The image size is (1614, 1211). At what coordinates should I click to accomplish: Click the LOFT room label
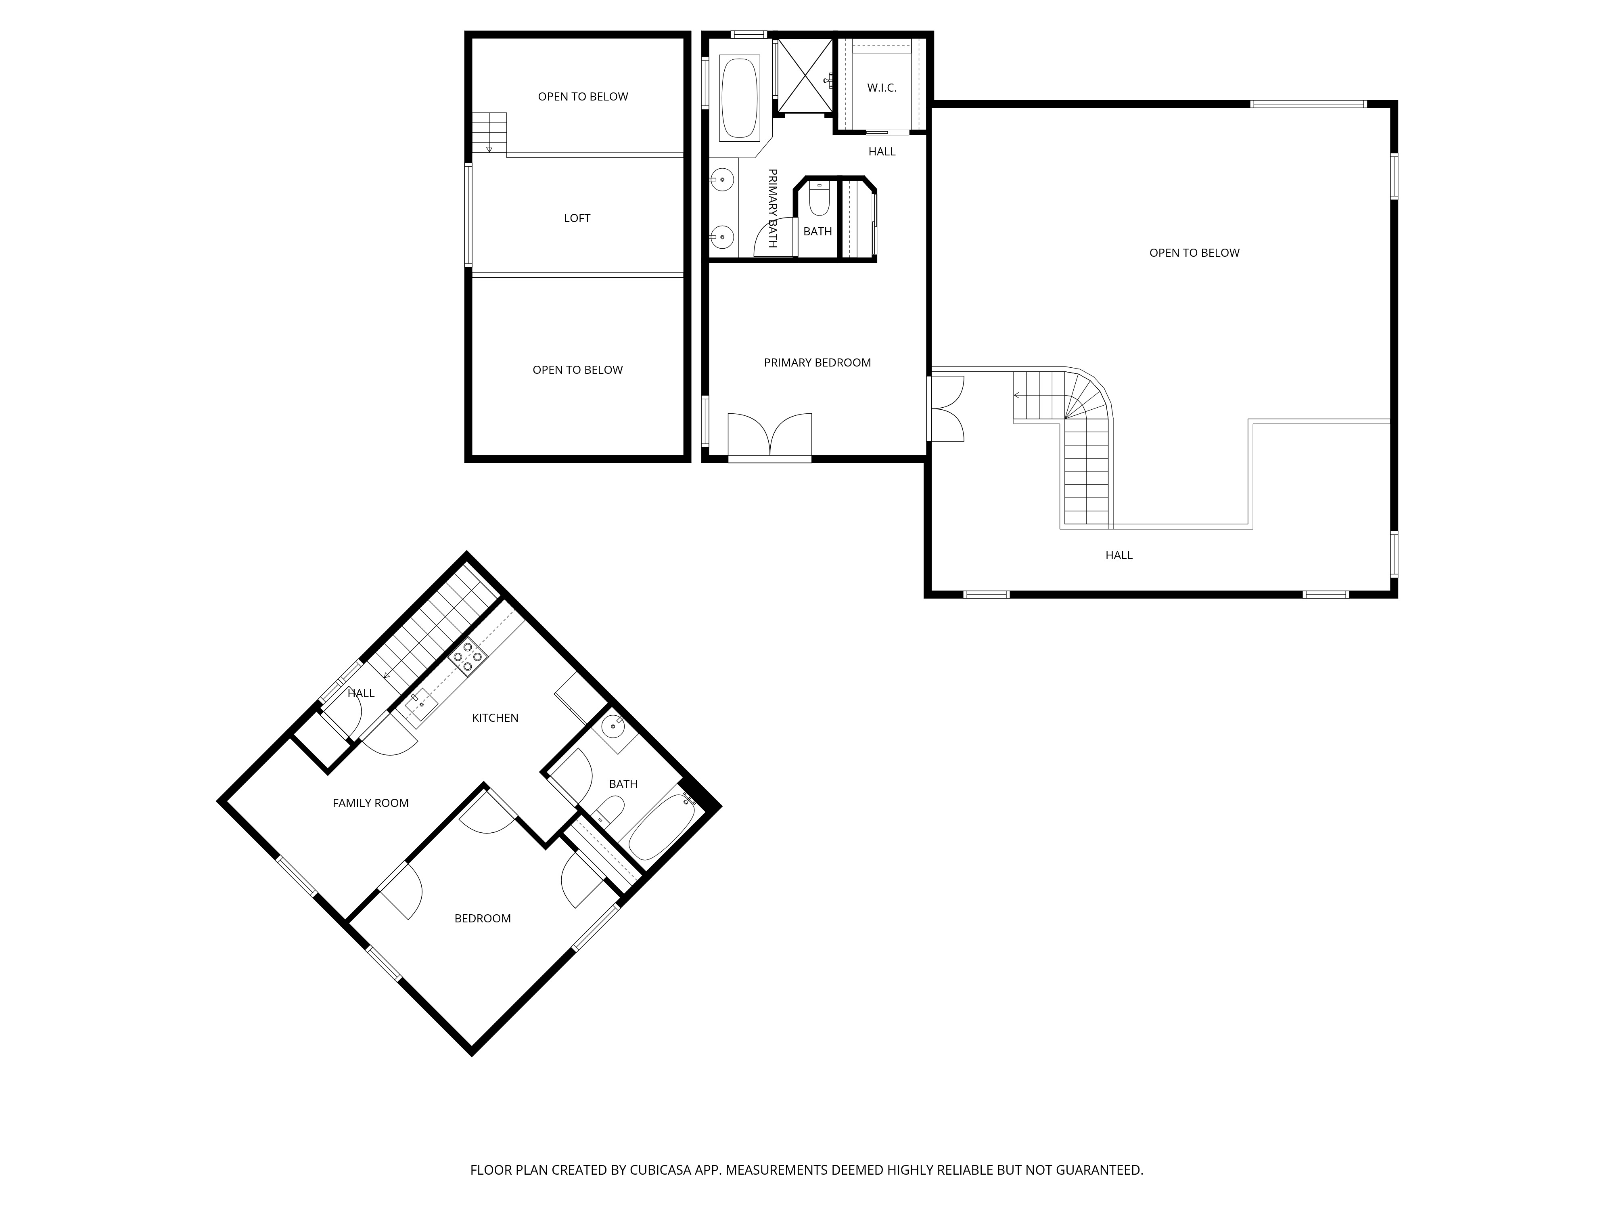(x=577, y=218)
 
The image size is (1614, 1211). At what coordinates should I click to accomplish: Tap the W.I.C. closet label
(x=881, y=88)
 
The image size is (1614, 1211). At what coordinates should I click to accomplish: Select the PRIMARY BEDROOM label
(x=817, y=363)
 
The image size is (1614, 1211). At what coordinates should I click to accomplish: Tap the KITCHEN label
(x=495, y=718)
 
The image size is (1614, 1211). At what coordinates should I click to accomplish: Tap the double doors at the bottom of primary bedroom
(x=770, y=436)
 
